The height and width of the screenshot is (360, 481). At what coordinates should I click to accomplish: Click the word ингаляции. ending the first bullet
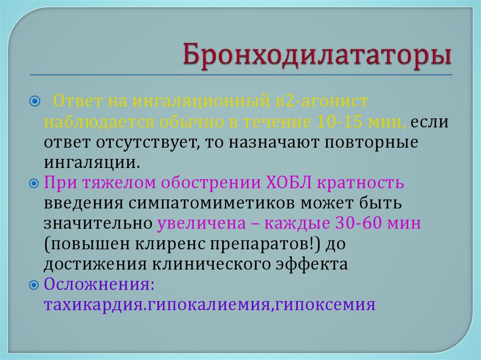[92, 163]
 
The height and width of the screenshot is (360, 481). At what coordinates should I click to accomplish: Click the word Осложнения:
[99, 284]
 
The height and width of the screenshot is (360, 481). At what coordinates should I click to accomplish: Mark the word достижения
[94, 264]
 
